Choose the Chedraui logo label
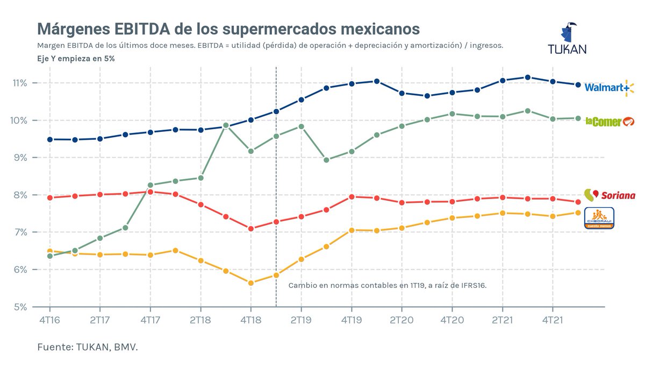click(599, 218)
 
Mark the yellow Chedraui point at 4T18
click(250, 283)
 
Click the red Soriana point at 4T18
click(250, 229)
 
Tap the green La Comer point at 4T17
click(150, 185)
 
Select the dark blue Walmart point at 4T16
click(49, 139)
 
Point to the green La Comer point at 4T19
click(352, 152)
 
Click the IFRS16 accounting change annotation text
click(387, 285)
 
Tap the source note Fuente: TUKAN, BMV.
click(88, 347)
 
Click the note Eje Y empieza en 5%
click(76, 58)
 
